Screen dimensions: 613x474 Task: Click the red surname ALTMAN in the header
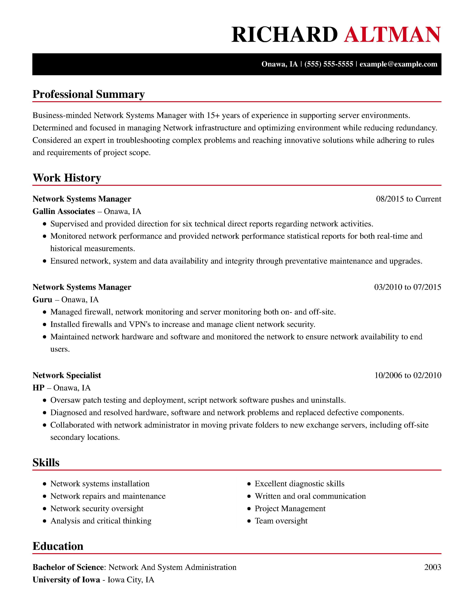coord(392,35)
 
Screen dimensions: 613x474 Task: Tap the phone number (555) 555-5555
coord(328,64)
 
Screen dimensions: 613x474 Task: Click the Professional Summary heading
coord(88,94)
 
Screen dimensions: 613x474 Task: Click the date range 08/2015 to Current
coord(408,199)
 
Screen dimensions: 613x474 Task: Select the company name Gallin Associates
coord(64,211)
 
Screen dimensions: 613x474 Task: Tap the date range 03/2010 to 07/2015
coord(407,287)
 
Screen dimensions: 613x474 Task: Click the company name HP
coord(38,388)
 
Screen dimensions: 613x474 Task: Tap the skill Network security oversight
coord(97,509)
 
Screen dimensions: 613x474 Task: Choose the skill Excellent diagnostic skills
coord(299,484)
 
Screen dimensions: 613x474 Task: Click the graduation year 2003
coord(432,567)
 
